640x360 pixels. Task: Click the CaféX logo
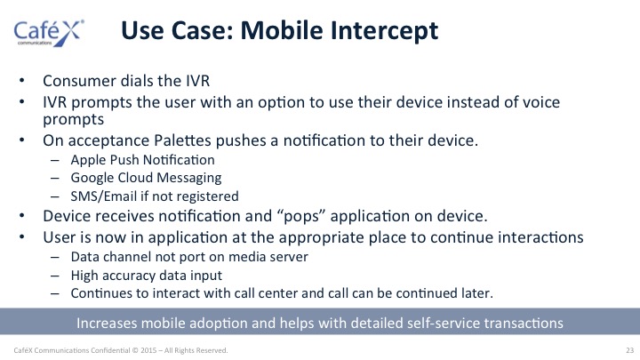49,33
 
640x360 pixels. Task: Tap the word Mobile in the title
282,30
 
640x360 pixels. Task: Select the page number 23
630,350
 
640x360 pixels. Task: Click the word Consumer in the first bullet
76,81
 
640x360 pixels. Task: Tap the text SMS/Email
104,196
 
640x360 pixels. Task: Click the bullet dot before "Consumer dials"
22,81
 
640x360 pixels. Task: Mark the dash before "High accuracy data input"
55,276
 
